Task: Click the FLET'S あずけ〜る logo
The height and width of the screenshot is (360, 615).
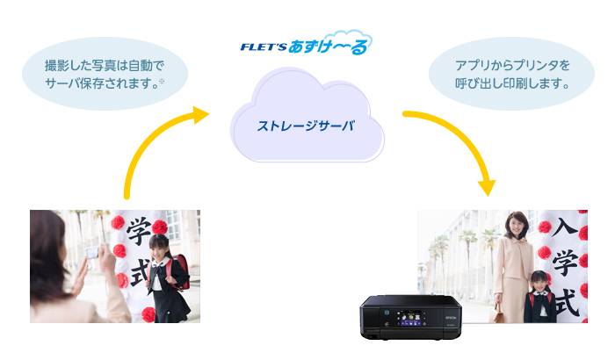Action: [306, 43]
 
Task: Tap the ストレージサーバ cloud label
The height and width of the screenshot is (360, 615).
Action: [306, 126]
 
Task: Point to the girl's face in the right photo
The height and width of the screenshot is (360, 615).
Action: [537, 282]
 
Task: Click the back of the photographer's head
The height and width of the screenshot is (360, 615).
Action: [48, 237]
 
